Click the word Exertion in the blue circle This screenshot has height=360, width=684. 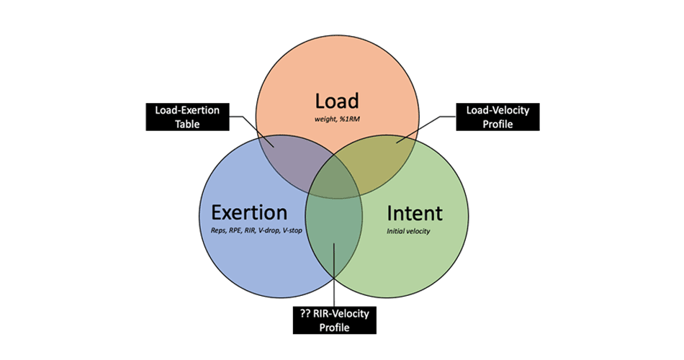(249, 213)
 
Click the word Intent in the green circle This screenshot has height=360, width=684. (415, 213)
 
